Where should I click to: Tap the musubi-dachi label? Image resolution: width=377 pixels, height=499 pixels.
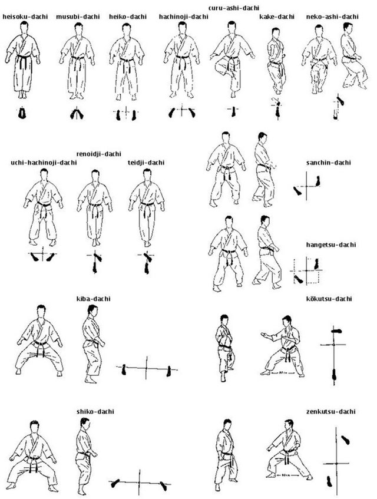point(78,16)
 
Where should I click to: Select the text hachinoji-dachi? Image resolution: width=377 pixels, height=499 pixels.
point(184,16)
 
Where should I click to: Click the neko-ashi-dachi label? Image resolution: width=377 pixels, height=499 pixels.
point(332,16)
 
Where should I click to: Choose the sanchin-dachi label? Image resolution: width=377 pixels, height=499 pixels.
point(329,163)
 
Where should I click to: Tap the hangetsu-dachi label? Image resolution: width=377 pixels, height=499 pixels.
point(331,244)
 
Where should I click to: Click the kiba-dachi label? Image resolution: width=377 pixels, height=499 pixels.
point(94,299)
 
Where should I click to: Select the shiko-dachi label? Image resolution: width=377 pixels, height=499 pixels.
point(95,411)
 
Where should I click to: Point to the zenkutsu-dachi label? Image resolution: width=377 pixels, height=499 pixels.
point(331,411)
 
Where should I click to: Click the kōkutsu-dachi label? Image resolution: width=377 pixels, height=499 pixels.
point(329,299)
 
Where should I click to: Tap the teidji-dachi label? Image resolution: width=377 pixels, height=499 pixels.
point(146,163)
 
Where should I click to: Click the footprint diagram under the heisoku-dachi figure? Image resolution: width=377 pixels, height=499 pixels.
point(22,113)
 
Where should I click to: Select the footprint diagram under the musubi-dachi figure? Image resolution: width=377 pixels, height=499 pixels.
point(77,114)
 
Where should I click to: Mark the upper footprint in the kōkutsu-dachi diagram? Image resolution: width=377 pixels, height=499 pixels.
point(336,331)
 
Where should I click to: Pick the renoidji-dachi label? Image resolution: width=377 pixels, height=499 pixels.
point(99,154)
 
